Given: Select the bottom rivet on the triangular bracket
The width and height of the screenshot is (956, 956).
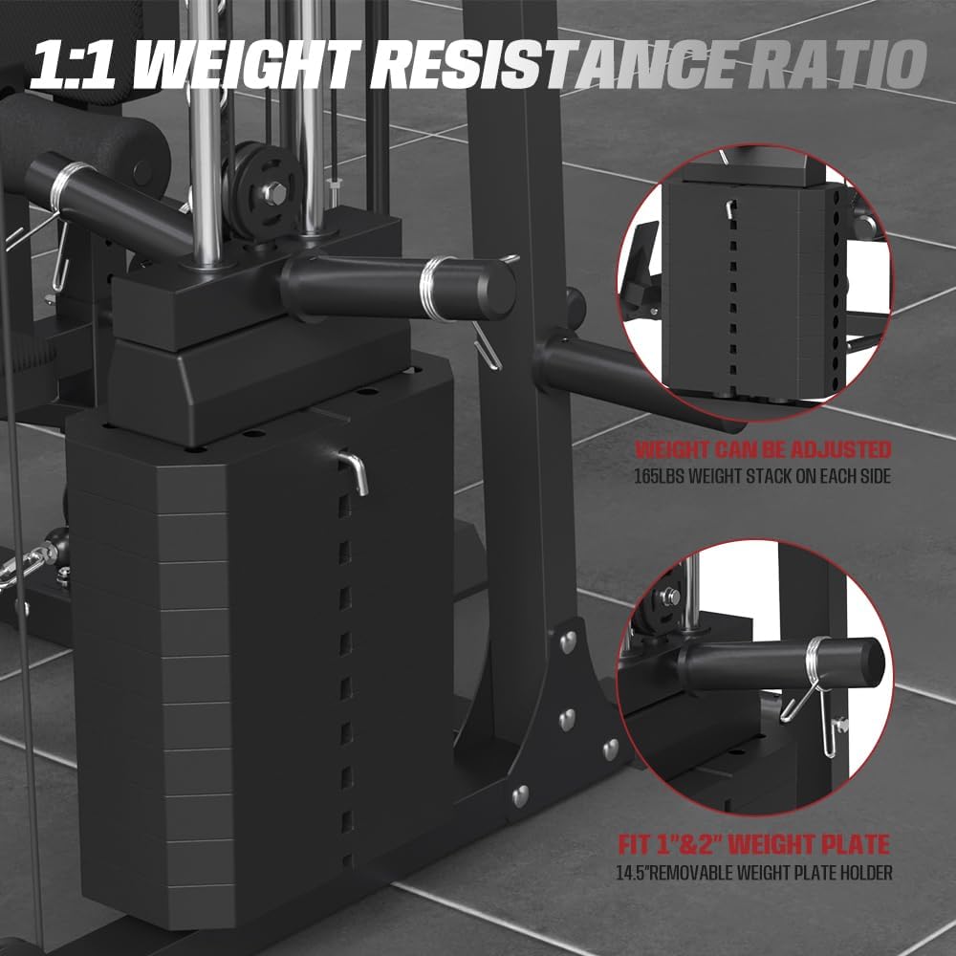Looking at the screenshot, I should tap(520, 793).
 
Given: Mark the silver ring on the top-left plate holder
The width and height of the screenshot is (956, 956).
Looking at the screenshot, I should tap(70, 178).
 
